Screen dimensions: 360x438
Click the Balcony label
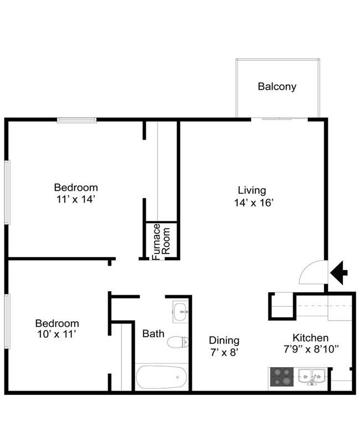277,86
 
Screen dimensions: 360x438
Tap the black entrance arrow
339,272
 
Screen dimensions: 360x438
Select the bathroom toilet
178,342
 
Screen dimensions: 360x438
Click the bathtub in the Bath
161,377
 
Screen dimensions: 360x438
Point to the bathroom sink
181,312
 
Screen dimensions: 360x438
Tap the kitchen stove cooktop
282,377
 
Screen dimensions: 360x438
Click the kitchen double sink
311,377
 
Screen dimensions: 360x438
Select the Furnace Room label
161,242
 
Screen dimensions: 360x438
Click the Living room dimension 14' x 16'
254,203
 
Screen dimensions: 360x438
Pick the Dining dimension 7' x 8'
224,353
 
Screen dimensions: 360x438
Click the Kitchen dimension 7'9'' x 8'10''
311,349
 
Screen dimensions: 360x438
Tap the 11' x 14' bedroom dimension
76,199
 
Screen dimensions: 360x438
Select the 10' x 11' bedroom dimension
56,334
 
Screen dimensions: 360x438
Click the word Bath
153,333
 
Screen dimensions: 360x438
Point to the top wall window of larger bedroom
77,120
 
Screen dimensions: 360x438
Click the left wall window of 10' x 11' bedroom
7,321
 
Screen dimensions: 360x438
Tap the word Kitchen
310,338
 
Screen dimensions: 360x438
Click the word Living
252,191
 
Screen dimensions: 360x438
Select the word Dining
224,341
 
